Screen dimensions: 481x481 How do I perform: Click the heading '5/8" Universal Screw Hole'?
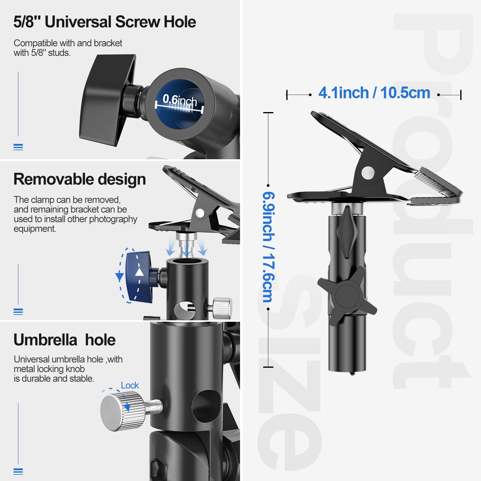(105, 22)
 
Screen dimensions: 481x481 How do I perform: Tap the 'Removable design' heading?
(80, 179)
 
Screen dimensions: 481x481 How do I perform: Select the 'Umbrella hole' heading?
(65, 340)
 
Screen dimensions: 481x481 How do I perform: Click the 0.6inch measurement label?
(180, 100)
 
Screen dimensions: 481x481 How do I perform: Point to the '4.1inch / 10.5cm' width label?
(374, 93)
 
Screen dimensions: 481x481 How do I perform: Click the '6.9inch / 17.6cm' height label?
(269, 247)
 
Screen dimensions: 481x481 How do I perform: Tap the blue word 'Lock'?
(130, 385)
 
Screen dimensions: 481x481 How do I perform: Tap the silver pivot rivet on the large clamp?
(368, 173)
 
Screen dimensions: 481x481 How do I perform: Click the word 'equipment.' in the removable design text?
(35, 229)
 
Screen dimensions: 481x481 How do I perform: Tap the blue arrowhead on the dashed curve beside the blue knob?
(120, 276)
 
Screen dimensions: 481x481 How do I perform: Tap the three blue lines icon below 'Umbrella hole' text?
(18, 471)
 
